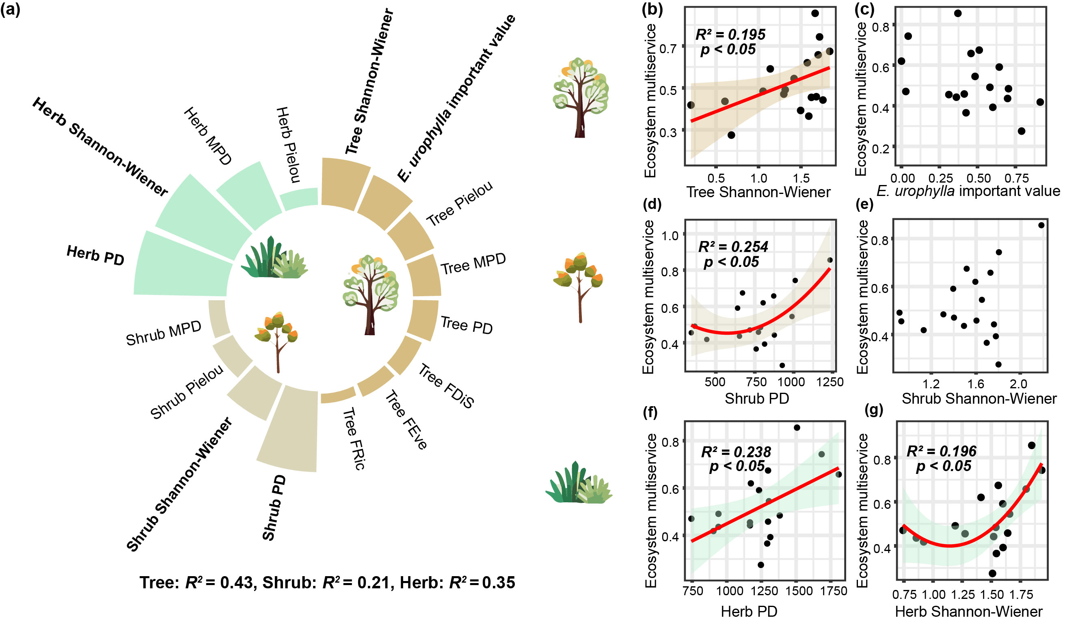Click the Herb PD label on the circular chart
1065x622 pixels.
pos(95,256)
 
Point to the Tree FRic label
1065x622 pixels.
pos(354,439)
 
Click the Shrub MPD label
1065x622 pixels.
pos(164,333)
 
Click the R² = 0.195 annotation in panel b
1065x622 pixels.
pos(731,34)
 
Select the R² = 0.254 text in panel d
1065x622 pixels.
pos(733,247)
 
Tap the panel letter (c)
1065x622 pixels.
pos(865,9)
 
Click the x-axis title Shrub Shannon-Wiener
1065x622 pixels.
pos(979,398)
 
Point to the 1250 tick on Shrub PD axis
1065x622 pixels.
pos(830,382)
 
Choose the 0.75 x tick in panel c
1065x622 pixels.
pos(1020,178)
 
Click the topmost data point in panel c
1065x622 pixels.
pos(958,13)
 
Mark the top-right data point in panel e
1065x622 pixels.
pos(1041,226)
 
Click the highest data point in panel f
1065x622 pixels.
pos(797,428)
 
